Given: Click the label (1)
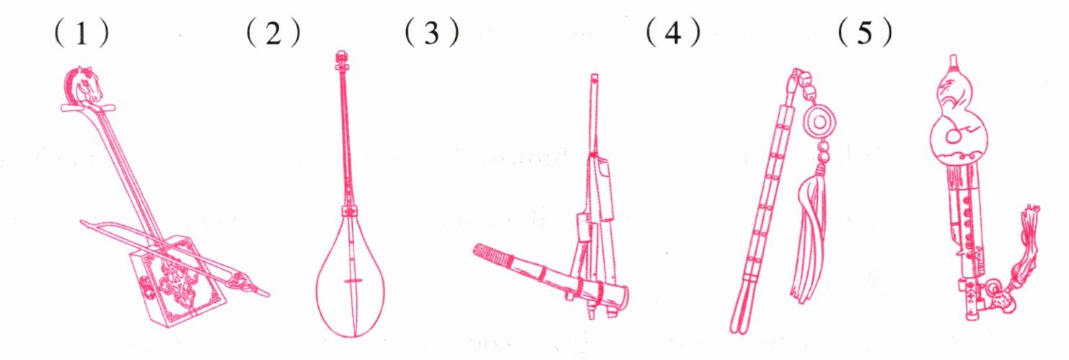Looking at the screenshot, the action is tap(82, 33).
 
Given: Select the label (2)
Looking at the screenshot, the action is tap(273, 33).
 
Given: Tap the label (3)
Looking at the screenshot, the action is tap(432, 33).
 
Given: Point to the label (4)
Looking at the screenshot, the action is tap(673, 33).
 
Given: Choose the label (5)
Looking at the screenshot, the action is tap(865, 33).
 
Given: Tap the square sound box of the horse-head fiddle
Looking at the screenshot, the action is tap(177, 281).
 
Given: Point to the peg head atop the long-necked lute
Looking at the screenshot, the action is tap(341, 60).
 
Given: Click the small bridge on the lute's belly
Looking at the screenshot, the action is tap(353, 281).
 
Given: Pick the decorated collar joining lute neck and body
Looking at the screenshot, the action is tap(351, 211).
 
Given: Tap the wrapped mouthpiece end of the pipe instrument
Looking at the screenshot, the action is tap(491, 255).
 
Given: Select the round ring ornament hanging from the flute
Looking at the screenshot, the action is tap(819, 122).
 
